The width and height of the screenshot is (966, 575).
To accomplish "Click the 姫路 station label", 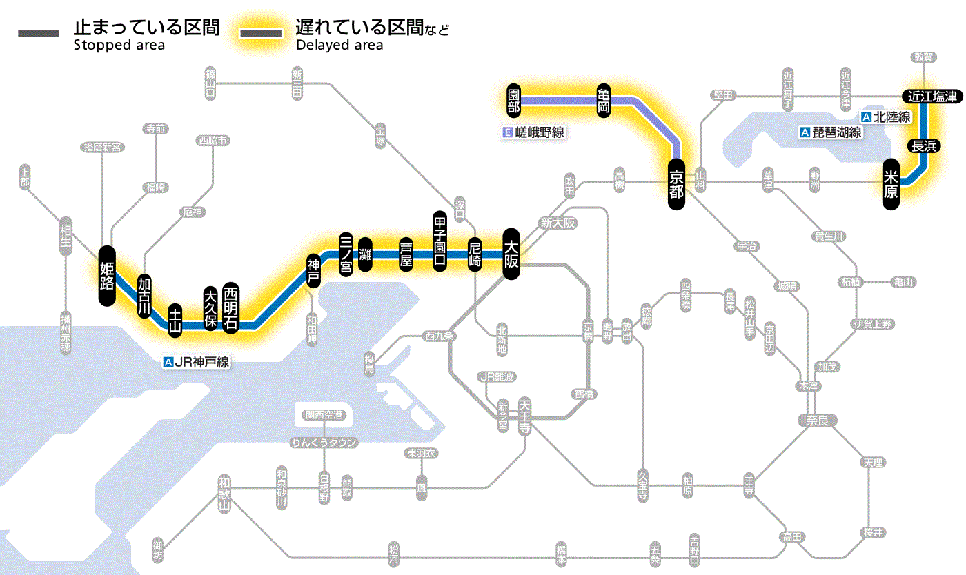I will point(106,275).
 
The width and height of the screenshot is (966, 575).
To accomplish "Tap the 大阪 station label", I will point(511,254).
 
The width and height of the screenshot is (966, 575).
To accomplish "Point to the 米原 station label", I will point(891,184).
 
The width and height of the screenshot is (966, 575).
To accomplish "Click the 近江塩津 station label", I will point(932,97).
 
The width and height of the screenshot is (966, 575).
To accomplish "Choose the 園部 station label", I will point(513,101).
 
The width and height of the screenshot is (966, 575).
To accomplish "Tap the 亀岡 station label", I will point(604,101).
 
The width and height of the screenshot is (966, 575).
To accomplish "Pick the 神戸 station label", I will point(314,270).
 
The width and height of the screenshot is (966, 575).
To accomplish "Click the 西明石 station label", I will point(230,307).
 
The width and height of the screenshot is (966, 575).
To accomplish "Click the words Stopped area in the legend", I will point(119,46).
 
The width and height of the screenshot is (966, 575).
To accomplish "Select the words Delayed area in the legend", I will point(339,46).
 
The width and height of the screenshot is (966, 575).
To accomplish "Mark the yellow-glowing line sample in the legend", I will point(260,33).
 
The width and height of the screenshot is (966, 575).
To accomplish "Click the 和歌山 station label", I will point(224,494).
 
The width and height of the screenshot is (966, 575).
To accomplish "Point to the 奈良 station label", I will point(816,420).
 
